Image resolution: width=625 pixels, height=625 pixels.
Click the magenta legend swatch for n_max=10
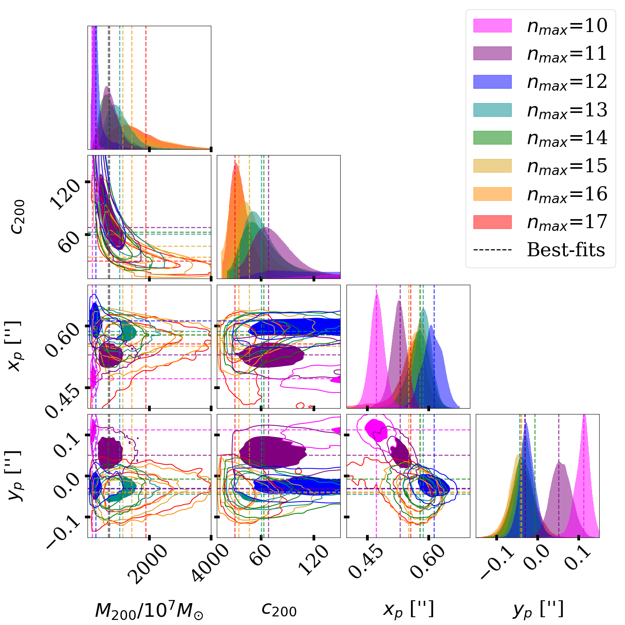coord(492,25)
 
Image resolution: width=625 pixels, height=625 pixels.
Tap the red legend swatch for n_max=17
coord(492,222)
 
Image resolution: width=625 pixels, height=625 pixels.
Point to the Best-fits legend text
coord(566,250)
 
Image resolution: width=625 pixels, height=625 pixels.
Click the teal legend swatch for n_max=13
coord(492,110)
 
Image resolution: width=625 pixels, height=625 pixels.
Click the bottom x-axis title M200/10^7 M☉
coord(149,611)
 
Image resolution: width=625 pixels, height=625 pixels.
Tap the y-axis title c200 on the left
coord(18,217)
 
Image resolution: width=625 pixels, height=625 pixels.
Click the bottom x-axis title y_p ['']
coord(538,610)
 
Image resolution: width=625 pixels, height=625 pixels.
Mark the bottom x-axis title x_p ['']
coord(408,610)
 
